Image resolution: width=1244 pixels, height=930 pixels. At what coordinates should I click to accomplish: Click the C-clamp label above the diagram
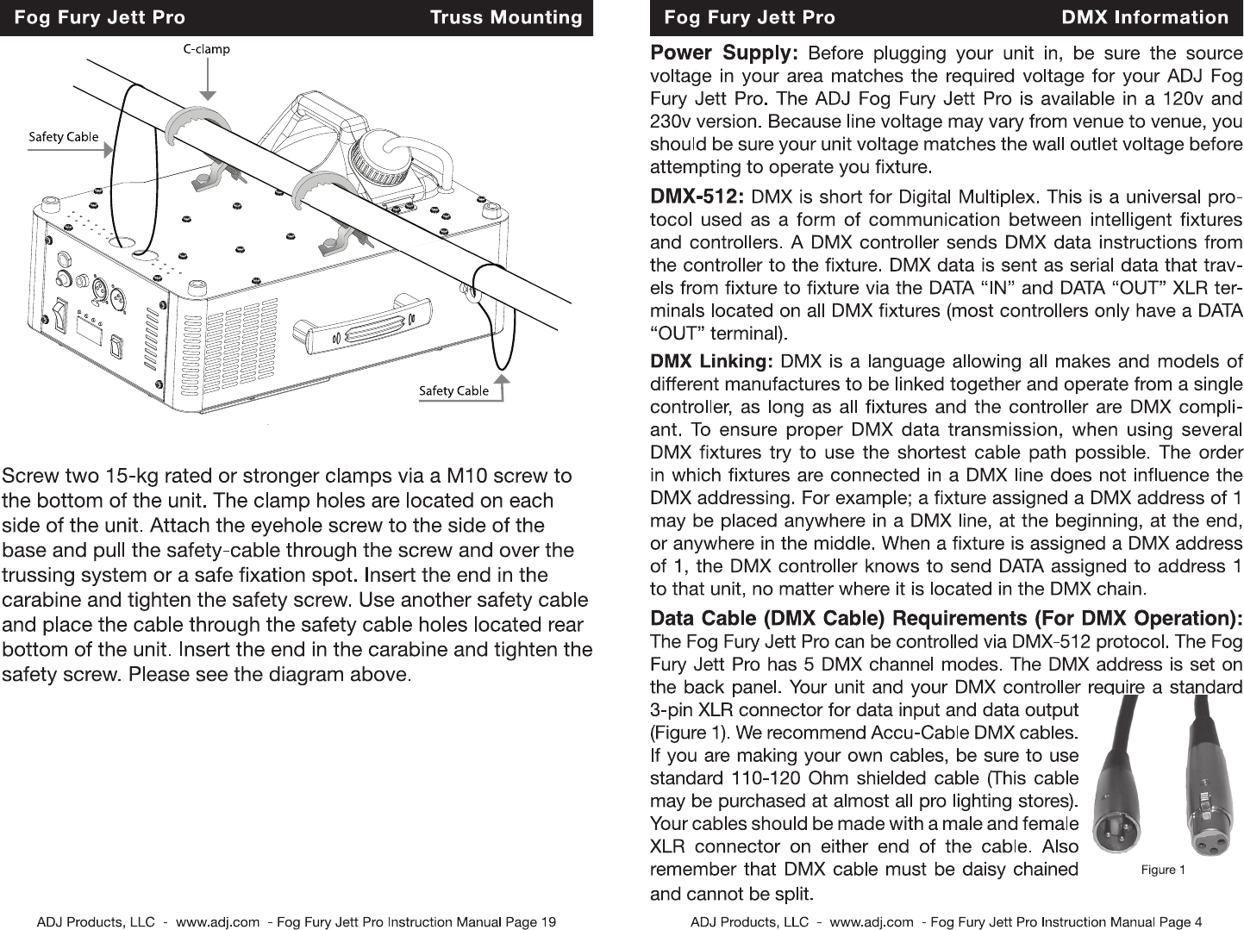207,49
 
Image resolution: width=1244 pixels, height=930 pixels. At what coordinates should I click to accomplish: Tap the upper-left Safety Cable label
64,137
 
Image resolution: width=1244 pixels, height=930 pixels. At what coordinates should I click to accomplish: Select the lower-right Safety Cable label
453,390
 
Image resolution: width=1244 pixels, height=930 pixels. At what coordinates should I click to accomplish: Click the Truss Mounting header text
506,17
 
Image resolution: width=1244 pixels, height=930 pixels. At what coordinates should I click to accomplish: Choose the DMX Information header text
1145,17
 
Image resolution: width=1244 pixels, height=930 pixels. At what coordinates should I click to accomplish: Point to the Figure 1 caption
1163,869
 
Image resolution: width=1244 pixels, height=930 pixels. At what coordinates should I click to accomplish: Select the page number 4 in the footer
1197,921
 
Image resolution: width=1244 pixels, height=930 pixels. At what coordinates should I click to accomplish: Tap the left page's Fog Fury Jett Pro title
99,17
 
